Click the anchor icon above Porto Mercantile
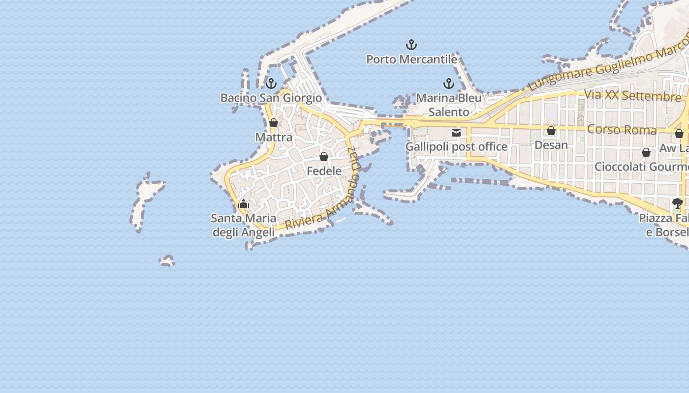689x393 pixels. click(411, 45)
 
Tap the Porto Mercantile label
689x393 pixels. click(411, 59)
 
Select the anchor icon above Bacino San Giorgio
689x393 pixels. click(271, 84)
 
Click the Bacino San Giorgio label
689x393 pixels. click(271, 98)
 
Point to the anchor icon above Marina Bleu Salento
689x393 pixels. click(449, 84)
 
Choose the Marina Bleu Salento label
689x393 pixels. click(449, 105)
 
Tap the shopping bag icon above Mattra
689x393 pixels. click(274, 123)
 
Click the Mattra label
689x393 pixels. click(274, 137)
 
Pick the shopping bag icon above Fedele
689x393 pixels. click(324, 157)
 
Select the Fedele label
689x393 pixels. click(324, 171)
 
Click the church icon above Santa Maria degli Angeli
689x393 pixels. click(244, 204)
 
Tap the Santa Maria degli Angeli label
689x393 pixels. click(244, 225)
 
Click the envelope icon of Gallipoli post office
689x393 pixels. click(456, 132)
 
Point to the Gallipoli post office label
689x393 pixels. click(456, 146)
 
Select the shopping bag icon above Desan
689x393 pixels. click(551, 131)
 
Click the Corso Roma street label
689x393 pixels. click(622, 130)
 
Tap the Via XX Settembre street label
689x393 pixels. click(632, 95)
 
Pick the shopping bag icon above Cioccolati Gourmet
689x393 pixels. click(646, 152)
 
